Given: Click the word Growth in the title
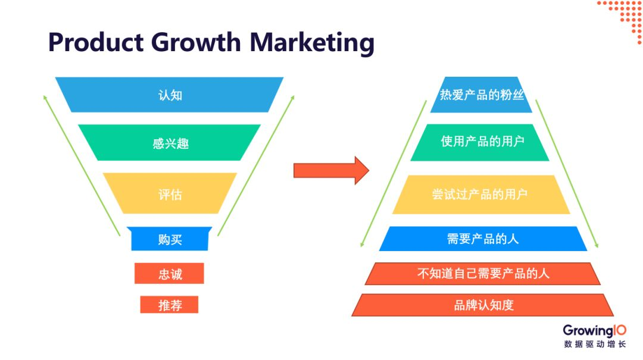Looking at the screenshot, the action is tap(196, 43).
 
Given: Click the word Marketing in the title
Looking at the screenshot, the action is tap(311, 43).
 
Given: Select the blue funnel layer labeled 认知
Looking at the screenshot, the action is tap(170, 95).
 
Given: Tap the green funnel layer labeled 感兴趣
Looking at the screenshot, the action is tap(170, 143).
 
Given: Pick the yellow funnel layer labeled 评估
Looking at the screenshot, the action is tap(170, 194).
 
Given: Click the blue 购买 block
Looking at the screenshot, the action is tap(170, 239).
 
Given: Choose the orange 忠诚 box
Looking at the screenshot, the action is tap(170, 274).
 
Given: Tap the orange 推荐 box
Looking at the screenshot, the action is tap(170, 305).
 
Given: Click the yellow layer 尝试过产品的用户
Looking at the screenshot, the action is tap(480, 194).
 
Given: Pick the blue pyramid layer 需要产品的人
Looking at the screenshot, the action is tap(482, 239).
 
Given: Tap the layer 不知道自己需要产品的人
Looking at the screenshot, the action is tap(482, 273).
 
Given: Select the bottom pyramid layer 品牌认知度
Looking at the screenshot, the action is tap(483, 305).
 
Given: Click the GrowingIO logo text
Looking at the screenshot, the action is tap(594, 331).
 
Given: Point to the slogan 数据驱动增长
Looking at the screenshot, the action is tap(594, 345).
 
